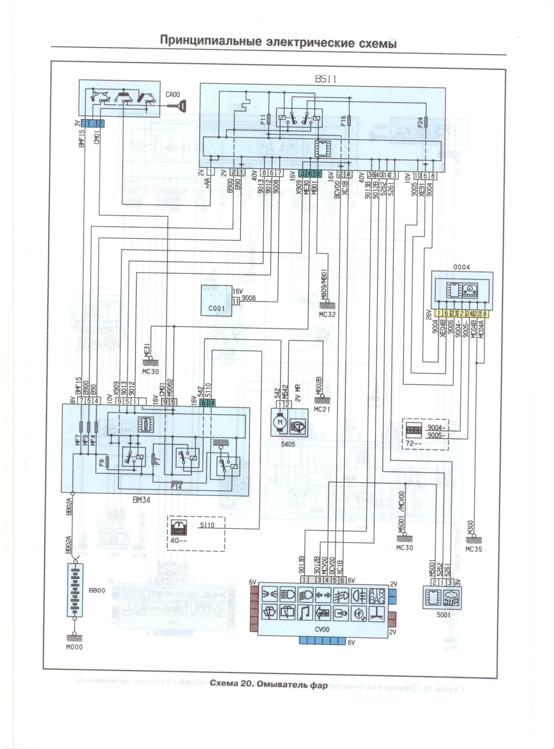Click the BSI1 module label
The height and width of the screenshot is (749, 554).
pyautogui.click(x=325, y=79)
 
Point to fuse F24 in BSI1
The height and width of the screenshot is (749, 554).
pyautogui.click(x=426, y=122)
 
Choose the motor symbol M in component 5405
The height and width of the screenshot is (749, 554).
pyautogui.click(x=280, y=422)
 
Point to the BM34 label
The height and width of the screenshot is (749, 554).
pyautogui.click(x=141, y=500)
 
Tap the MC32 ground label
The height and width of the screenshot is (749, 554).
pyautogui.click(x=327, y=314)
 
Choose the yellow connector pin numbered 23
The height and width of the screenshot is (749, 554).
pyautogui.click(x=454, y=313)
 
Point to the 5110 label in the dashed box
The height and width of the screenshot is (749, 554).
pyautogui.click(x=207, y=525)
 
